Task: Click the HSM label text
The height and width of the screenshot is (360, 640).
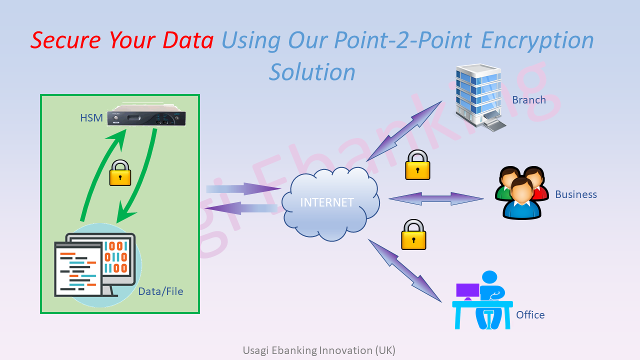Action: [x=91, y=118]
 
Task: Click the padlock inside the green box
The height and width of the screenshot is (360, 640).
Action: [x=120, y=173]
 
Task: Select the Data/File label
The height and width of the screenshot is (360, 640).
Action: [x=160, y=291]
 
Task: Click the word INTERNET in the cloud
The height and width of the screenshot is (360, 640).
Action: [x=327, y=202]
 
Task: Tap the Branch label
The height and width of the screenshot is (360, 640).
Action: [x=529, y=100]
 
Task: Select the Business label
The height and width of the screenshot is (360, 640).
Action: [x=576, y=194]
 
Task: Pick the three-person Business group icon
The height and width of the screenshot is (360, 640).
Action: [x=522, y=193]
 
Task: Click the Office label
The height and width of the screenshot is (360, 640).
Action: [x=530, y=315]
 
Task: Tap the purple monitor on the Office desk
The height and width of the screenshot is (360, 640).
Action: [x=467, y=290]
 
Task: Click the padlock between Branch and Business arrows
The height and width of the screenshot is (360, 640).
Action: [x=417, y=164]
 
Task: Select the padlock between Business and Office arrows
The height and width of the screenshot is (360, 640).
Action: [x=413, y=234]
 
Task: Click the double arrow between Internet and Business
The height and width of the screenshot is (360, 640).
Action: [x=436, y=198]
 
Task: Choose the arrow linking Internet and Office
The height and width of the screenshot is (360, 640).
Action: [x=405, y=270]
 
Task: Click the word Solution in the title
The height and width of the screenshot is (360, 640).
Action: [x=312, y=72]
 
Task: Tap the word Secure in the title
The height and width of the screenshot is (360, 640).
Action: [x=66, y=40]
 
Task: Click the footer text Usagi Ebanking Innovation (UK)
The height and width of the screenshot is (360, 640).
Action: [x=319, y=350]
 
